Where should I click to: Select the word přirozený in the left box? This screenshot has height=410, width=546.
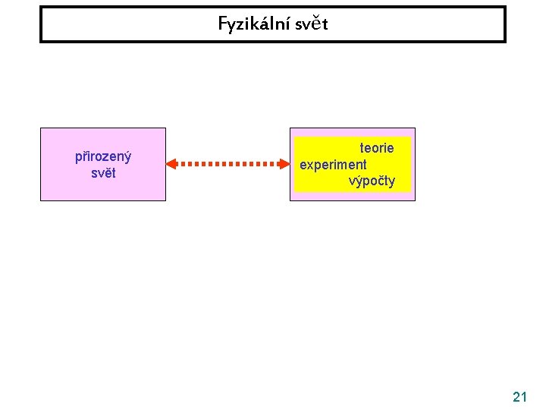point(103,157)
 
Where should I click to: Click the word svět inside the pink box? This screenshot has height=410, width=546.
point(103,172)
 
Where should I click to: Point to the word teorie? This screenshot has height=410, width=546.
point(376,148)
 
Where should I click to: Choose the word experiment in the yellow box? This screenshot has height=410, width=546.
point(333,164)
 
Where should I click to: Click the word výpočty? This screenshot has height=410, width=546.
point(372,181)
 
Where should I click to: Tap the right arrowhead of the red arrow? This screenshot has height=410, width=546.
point(282,163)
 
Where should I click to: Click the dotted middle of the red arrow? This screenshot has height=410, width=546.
point(227,163)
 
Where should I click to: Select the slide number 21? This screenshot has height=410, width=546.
point(520,396)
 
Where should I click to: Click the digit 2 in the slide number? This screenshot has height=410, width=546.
point(516,396)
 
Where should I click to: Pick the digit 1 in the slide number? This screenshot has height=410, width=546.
point(524,396)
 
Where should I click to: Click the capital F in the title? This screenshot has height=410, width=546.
point(222,24)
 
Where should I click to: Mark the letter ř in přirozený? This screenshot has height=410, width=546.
point(85,157)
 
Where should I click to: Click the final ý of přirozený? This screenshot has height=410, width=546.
point(128,158)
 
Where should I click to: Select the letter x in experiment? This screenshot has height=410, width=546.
point(309,164)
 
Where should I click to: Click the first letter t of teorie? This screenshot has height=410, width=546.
point(362,148)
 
